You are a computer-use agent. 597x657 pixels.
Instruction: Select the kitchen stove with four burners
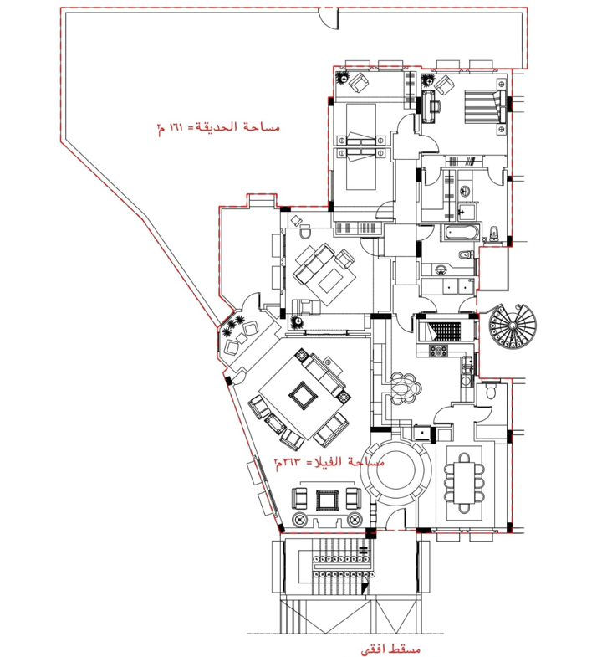coord(437,352)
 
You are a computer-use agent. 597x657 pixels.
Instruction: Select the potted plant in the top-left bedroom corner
coord(342,77)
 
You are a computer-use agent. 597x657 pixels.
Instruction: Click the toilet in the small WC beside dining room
coord(492,391)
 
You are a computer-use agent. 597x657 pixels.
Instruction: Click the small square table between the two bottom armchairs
coord(326,501)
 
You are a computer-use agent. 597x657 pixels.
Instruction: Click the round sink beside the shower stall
coord(466,192)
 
